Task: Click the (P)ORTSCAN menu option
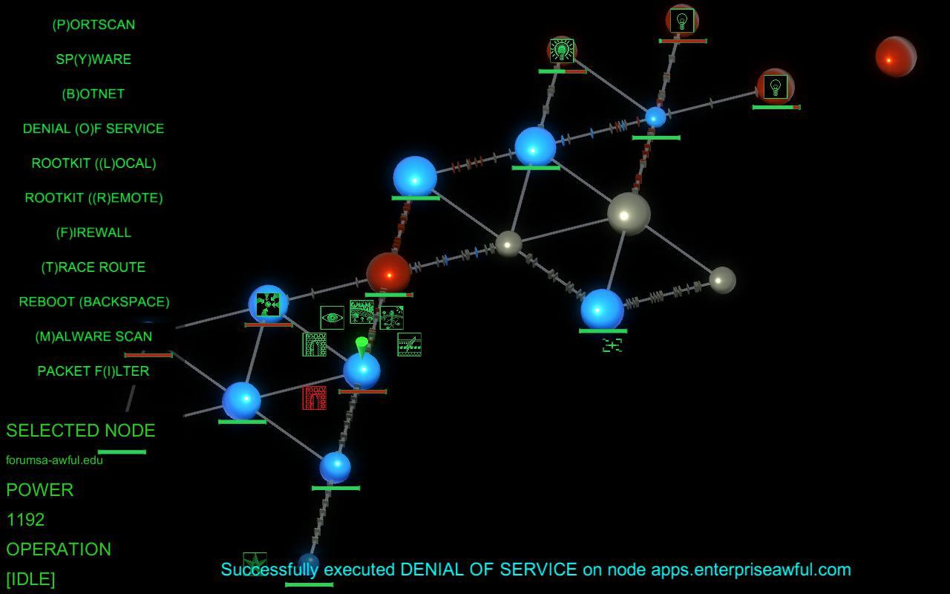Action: pyautogui.click(x=94, y=25)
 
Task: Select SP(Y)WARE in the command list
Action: pyautogui.click(x=94, y=59)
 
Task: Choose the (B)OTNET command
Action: pyautogui.click(x=94, y=94)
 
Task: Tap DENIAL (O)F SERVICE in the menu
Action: pyautogui.click(x=94, y=128)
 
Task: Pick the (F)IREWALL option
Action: pyautogui.click(x=94, y=232)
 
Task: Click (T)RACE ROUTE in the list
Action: pyautogui.click(x=94, y=267)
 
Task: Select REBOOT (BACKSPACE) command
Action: pyautogui.click(x=94, y=302)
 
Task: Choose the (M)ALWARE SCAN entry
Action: pyautogui.click(x=94, y=336)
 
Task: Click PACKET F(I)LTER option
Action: pyautogui.click(x=94, y=371)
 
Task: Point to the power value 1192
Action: pyautogui.click(x=26, y=520)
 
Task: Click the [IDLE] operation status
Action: pyautogui.click(x=30, y=579)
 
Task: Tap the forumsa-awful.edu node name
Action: pyautogui.click(x=54, y=460)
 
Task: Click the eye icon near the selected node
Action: pyautogui.click(x=332, y=318)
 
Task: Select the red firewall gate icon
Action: pyautogui.click(x=314, y=398)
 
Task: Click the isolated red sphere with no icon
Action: pyautogui.click(x=896, y=57)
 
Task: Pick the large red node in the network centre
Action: pyautogui.click(x=388, y=274)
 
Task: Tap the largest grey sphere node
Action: pyautogui.click(x=629, y=214)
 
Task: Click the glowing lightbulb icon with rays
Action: pyautogui.click(x=562, y=51)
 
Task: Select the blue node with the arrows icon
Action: pyautogui.click(x=268, y=304)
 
